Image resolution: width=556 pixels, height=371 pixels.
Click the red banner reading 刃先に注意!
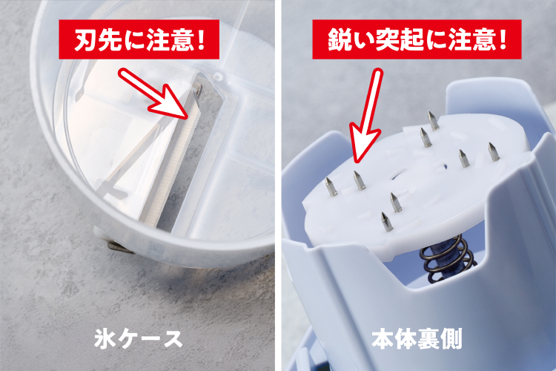[139, 39]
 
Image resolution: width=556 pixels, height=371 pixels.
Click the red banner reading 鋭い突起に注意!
[417, 39]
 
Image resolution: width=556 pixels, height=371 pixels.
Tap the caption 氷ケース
[139, 338]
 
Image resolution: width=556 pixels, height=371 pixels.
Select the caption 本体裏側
[417, 338]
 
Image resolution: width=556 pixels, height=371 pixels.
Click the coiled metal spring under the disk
[448, 257]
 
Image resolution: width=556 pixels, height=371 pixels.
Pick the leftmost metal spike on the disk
[331, 187]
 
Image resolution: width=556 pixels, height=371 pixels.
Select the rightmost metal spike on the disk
[494, 151]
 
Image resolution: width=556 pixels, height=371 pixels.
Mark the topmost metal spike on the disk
[433, 121]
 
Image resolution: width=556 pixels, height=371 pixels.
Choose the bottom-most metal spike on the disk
[386, 222]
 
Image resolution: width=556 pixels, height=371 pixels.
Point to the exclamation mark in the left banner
[202, 40]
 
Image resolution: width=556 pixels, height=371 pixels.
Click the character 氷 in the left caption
[105, 338]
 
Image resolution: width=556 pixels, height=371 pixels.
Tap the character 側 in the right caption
[451, 338]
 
